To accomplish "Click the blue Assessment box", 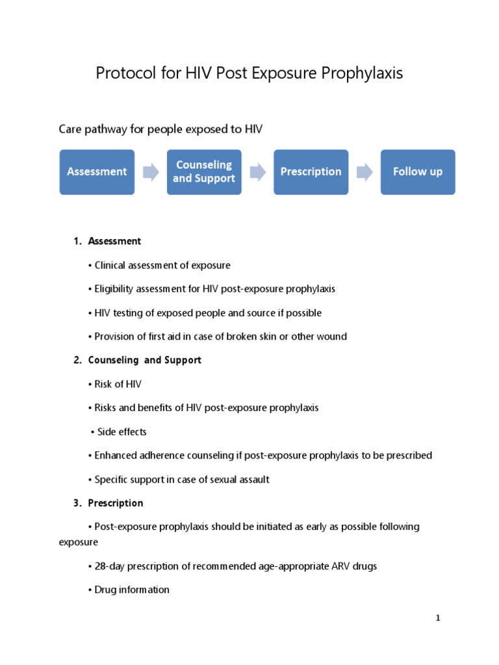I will [97, 172].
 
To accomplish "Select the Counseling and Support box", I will [204, 172].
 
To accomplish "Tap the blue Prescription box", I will [311, 172].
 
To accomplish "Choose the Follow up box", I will [418, 172].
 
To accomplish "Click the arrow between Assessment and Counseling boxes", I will [151, 172].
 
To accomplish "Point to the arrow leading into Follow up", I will [365, 172].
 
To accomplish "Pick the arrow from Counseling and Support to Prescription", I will [257, 172].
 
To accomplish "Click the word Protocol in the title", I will [121, 73].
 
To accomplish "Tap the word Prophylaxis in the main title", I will [362, 73].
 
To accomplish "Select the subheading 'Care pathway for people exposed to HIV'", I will [160, 129].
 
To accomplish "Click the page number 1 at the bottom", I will [438, 618].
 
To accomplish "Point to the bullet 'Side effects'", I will [122, 432].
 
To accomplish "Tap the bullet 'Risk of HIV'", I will [118, 384].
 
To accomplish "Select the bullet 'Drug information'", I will [132, 590].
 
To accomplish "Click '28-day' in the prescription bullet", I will [110, 566].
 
